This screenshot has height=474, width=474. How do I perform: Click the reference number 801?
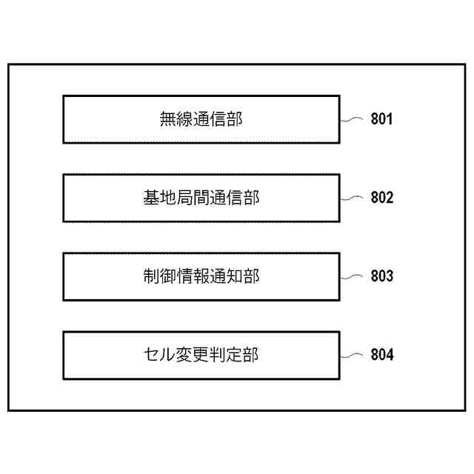coord(381,119)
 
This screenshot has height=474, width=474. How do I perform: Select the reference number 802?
coord(381,198)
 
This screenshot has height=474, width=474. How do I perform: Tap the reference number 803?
coord(381,276)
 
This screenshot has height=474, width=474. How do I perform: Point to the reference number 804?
coord(381,355)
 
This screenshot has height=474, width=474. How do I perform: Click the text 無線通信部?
coord(201,119)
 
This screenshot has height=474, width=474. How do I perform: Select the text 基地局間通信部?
coord(201,198)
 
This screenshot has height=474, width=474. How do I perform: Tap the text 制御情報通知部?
coord(201,276)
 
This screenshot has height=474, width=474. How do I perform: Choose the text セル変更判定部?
coord(201,355)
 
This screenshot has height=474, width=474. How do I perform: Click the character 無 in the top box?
coord(168,119)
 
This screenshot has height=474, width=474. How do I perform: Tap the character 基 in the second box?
coord(151,198)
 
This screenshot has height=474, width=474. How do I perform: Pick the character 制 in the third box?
coord(151,276)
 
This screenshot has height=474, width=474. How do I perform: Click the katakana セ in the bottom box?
coord(151,355)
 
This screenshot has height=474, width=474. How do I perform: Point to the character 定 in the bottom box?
coord(235,355)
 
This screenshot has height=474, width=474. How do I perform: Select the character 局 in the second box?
coord(185,198)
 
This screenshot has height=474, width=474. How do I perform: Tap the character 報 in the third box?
coord(201,276)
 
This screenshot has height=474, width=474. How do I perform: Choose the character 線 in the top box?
coord(185,119)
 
